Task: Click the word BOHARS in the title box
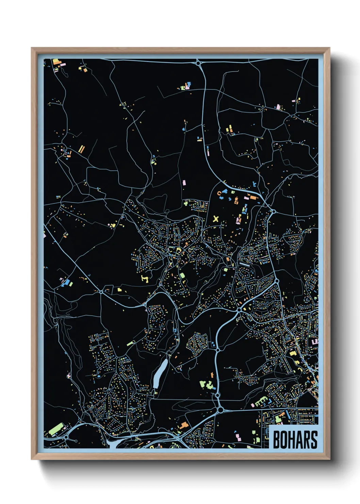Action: coord(295,440)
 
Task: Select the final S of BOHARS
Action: coord(314,440)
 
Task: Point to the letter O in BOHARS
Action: coord(284,440)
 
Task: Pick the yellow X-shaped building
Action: coord(216,219)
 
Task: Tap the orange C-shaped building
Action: coord(219,194)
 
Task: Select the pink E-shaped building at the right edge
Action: coord(315,341)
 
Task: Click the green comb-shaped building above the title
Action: coord(261,401)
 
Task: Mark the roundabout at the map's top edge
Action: coord(198,63)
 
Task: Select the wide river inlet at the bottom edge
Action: coord(112,443)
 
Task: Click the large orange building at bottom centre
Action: coord(184,425)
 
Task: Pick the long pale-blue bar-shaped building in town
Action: coord(245,264)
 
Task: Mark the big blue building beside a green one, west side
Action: coord(68,283)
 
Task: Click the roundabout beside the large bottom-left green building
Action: coord(66,437)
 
